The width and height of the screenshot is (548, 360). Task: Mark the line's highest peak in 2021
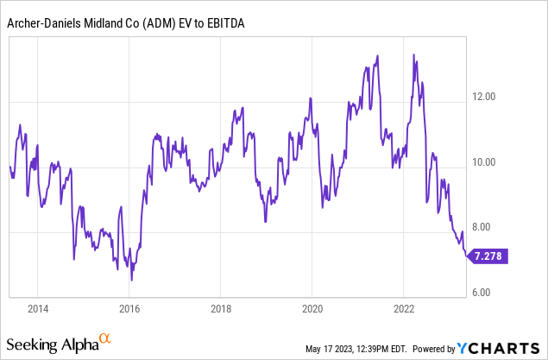(377, 55)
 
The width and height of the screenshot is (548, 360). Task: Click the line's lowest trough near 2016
(131, 280)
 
